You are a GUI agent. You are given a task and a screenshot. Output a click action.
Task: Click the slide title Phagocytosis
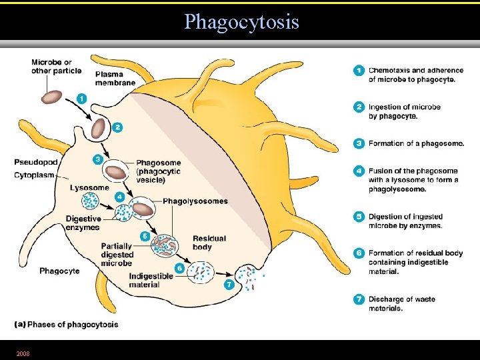[x=241, y=22]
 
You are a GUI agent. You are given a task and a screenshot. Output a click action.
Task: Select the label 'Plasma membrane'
[x=115, y=78]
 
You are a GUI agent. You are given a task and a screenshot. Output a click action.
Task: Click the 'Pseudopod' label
[x=36, y=162]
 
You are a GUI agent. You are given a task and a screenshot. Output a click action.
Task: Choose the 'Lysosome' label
[x=89, y=188]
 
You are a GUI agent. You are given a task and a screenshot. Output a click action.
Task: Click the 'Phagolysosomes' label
[x=195, y=201]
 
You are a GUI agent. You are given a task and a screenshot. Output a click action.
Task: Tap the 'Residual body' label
[x=209, y=243]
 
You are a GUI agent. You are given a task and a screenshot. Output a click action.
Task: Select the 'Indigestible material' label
[x=151, y=281]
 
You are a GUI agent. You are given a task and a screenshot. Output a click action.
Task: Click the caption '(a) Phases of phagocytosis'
[x=66, y=325]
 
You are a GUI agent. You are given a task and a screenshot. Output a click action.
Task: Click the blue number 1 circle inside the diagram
[x=81, y=98]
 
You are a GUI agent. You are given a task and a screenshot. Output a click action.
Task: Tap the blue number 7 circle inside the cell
[x=229, y=284]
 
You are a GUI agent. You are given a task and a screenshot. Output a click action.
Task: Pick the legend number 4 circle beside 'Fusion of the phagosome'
[x=358, y=171]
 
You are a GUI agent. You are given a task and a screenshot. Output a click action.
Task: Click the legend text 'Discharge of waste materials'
[x=401, y=304]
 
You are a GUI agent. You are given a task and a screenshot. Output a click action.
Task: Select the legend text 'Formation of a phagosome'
[x=415, y=143]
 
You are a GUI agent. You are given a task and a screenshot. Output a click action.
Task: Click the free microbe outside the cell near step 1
[x=51, y=97]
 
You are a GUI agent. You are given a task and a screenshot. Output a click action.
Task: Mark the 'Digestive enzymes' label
[x=83, y=223]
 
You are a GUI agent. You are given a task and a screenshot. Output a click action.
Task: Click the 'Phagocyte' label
[x=59, y=271]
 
